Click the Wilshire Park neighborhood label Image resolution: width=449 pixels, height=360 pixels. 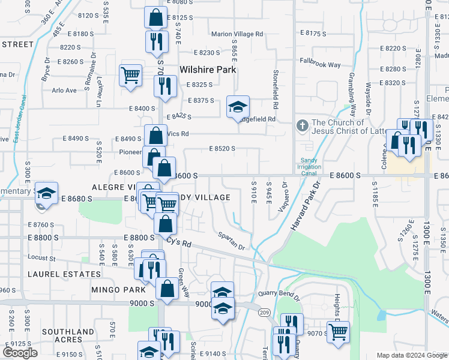[206, 70]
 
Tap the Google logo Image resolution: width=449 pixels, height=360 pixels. [20, 353]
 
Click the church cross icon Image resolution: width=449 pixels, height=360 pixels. [303, 127]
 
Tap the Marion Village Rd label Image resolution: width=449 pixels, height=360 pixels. [237, 34]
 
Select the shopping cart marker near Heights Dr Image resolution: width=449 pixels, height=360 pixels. [338, 331]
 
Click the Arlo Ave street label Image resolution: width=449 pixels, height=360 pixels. [64, 91]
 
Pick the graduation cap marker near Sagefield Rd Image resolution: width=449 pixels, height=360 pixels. [238, 107]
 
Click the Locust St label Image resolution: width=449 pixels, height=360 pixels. [41, 259]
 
